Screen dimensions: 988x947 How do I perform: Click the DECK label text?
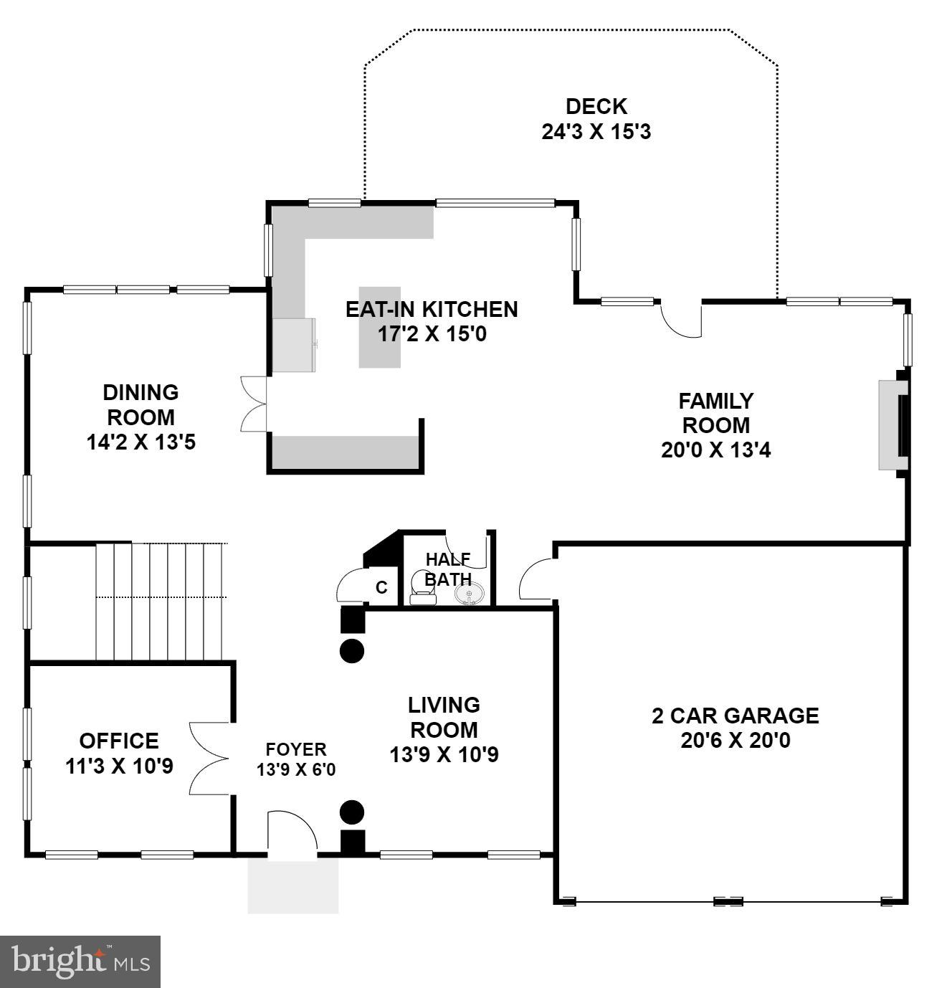pyautogui.click(x=596, y=107)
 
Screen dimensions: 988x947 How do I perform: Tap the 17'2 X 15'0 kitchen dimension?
pyautogui.click(x=432, y=334)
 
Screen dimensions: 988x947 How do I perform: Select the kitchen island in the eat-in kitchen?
pyautogui.click(x=379, y=327)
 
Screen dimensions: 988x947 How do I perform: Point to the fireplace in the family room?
pyautogui.click(x=894, y=424)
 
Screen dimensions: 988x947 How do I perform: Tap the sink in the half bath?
pyautogui.click(x=470, y=594)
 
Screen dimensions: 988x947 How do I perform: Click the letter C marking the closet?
pyautogui.click(x=381, y=588)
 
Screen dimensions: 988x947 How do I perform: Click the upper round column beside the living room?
pyautogui.click(x=351, y=651)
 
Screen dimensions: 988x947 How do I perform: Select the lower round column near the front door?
pyautogui.click(x=351, y=812)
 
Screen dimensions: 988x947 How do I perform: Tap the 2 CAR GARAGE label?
pyautogui.click(x=735, y=716)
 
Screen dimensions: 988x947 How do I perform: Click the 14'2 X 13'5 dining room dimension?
pyautogui.click(x=141, y=442)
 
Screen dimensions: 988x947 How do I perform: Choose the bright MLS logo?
pyautogui.click(x=80, y=961)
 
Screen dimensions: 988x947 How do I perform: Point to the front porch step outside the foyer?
pyautogui.click(x=292, y=886)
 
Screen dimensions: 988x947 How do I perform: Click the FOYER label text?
pyautogui.click(x=295, y=750)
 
